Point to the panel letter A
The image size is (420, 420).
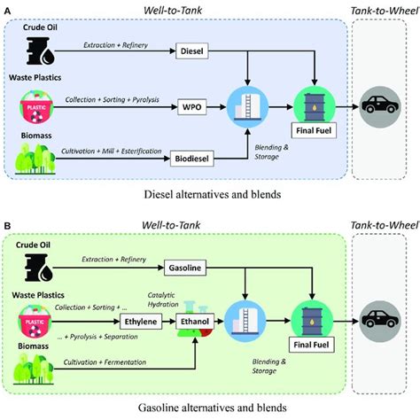[x=8, y=8]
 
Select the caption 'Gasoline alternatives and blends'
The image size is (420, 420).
[x=209, y=409]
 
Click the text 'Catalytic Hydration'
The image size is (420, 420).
[x=220, y=301]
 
